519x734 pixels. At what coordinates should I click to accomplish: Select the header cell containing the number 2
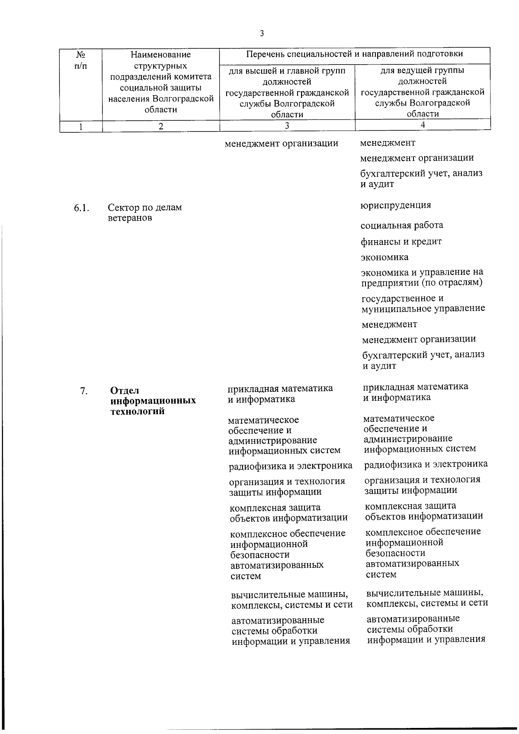[x=161, y=126]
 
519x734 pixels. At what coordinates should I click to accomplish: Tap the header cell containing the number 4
[x=423, y=125]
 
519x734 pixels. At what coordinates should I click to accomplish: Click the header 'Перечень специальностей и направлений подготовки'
[x=354, y=54]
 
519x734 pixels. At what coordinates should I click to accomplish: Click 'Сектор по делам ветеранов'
[x=144, y=212]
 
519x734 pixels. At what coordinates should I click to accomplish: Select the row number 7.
[x=84, y=391]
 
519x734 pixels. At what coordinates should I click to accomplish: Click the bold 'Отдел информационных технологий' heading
[x=153, y=401]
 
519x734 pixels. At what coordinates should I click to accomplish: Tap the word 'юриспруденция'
[x=396, y=205]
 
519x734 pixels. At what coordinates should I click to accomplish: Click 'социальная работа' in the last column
[x=402, y=225]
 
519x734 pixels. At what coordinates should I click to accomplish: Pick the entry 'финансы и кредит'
[x=401, y=241]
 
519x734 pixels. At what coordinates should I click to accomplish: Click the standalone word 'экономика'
[x=384, y=257]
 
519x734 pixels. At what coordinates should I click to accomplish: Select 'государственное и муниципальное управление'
[x=423, y=303]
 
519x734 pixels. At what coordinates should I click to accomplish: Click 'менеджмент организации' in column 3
[x=281, y=143]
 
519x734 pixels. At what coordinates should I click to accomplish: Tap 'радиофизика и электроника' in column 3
[x=291, y=466]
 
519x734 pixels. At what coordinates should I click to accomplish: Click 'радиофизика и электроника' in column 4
[x=426, y=464]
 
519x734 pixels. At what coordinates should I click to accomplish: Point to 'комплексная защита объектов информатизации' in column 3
[x=288, y=512]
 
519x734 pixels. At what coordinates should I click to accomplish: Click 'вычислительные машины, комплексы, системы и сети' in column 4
[x=427, y=598]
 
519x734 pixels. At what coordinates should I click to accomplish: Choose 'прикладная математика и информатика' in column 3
[x=280, y=393]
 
